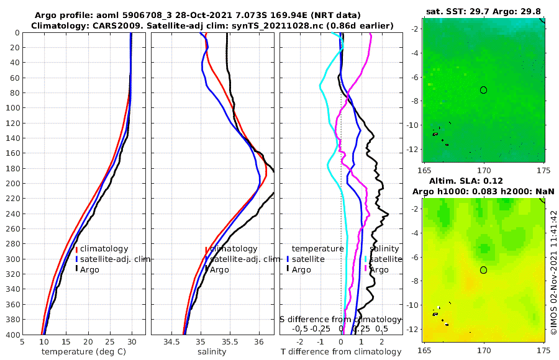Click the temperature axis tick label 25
coord(110,342)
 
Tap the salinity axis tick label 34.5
coord(172,342)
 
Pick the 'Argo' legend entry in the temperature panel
coord(89,269)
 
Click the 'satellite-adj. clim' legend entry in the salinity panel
coord(242,259)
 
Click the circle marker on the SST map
coord(483,90)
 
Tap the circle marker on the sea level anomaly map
coord(483,270)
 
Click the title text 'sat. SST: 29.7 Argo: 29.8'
coord(483,12)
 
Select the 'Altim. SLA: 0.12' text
coord(483,181)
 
